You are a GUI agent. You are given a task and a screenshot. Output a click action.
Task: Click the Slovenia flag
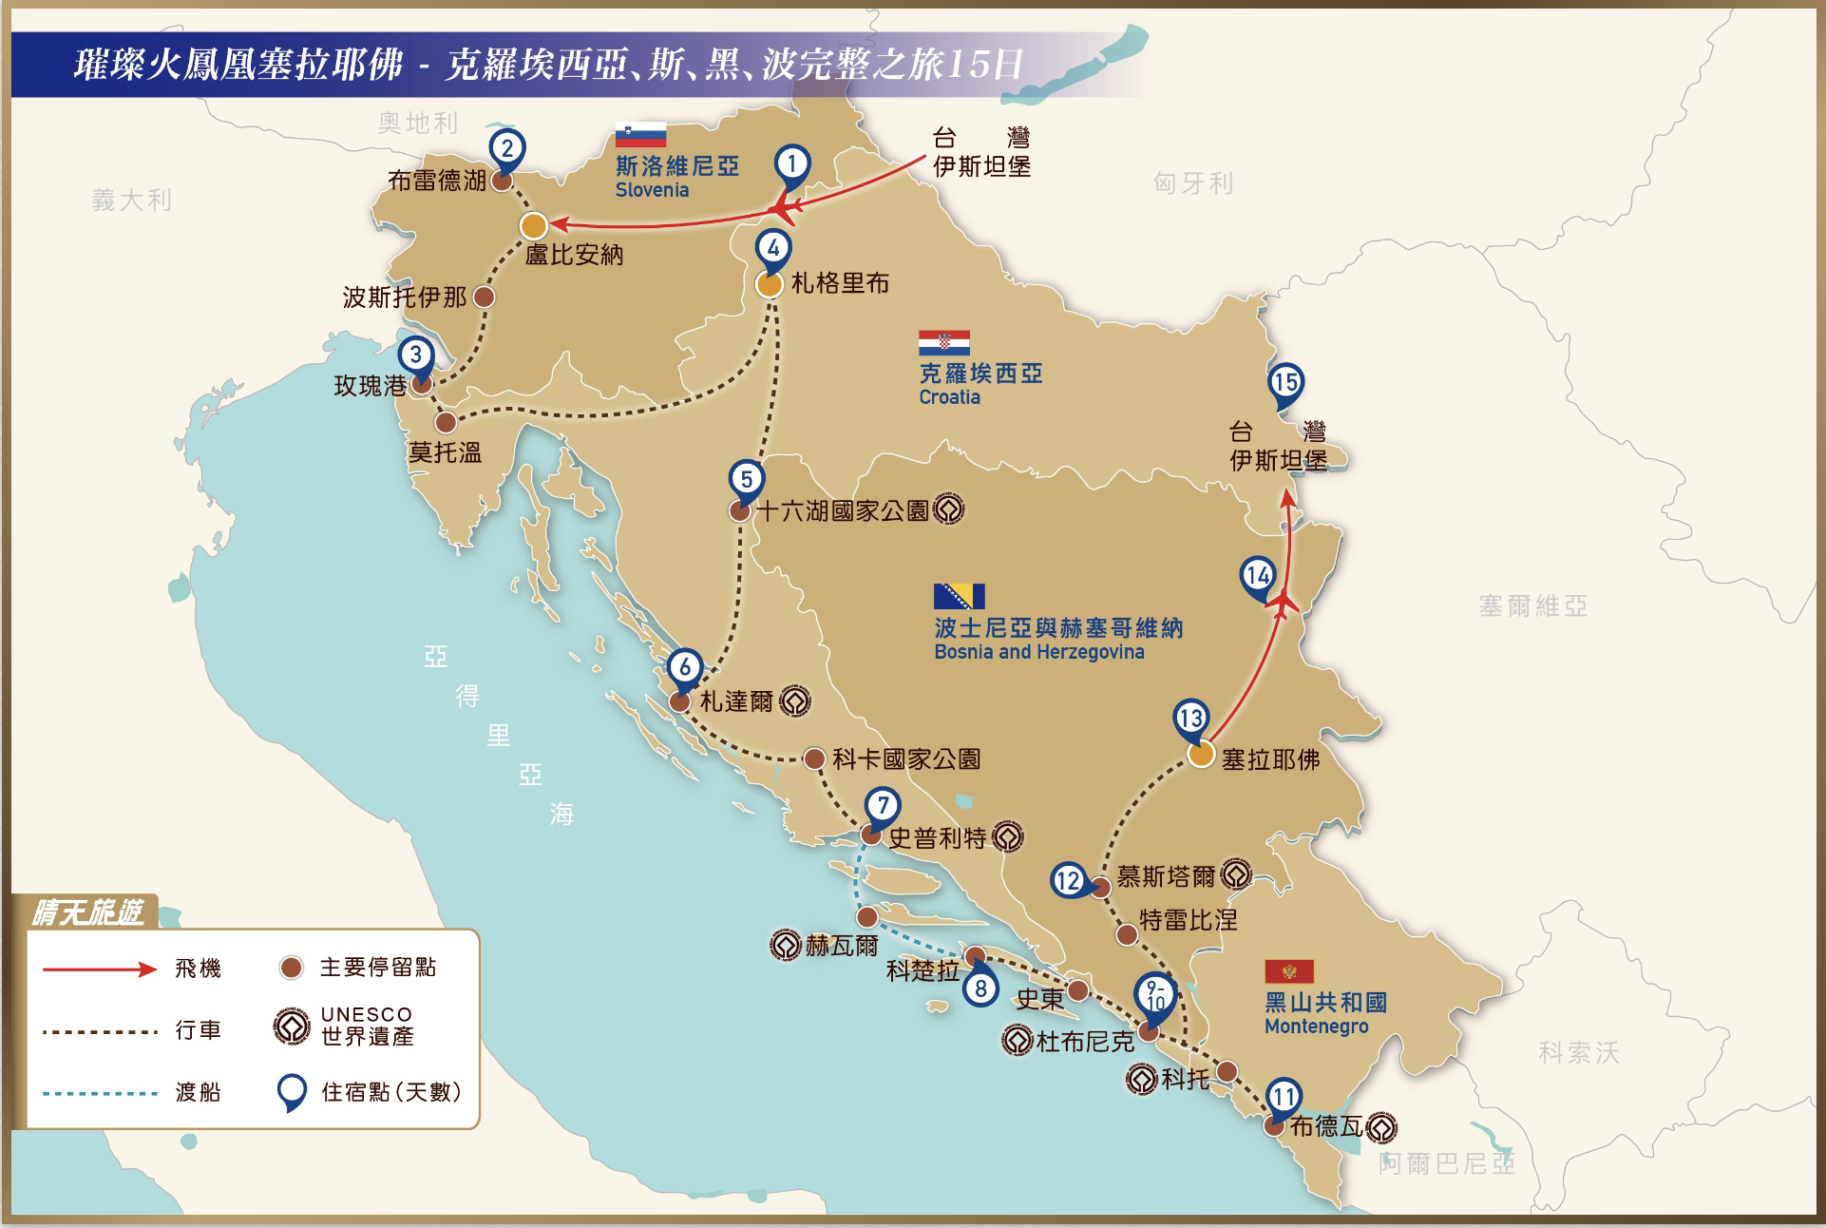click(x=640, y=135)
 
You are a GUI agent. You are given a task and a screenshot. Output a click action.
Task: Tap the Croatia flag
click(x=943, y=342)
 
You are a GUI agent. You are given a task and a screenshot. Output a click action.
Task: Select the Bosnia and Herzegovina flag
click(x=959, y=596)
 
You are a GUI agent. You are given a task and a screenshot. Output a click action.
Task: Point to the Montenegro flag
click(x=1288, y=970)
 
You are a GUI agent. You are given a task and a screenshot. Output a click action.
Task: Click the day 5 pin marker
click(x=747, y=480)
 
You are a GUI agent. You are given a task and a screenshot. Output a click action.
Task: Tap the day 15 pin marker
click(x=1285, y=383)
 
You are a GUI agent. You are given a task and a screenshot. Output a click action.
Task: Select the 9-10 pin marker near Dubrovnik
click(x=1155, y=996)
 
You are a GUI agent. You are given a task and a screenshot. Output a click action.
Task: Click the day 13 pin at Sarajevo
click(x=1191, y=719)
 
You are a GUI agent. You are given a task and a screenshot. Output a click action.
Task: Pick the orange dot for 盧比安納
click(x=534, y=226)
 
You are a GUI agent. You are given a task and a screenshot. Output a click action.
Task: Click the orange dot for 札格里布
click(x=769, y=284)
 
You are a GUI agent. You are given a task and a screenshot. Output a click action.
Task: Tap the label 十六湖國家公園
click(x=842, y=511)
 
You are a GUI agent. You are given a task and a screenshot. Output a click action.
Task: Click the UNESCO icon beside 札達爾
click(x=795, y=701)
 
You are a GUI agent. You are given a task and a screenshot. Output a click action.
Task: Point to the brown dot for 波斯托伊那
click(x=484, y=297)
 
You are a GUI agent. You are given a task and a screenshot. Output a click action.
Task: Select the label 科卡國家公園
click(x=906, y=759)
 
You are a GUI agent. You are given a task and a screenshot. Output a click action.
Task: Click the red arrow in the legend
click(x=100, y=969)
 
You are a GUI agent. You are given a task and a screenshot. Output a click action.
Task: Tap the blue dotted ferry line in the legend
click(x=100, y=1093)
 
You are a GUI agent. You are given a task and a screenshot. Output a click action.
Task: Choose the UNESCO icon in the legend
click(x=292, y=1027)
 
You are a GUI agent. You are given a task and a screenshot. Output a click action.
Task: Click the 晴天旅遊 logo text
click(x=87, y=912)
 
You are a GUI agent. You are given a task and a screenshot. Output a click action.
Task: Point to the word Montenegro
click(x=1316, y=1027)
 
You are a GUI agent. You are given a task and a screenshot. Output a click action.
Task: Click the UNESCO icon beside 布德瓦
click(x=1381, y=1127)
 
